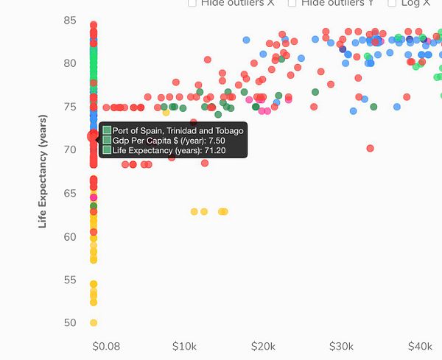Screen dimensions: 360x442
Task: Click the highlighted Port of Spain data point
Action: [x=94, y=136]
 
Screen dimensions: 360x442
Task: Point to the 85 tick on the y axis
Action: [x=70, y=20]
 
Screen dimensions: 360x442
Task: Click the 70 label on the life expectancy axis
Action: [x=70, y=149]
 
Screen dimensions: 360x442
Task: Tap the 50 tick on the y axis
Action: [x=70, y=322]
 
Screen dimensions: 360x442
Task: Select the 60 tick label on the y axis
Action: [x=70, y=236]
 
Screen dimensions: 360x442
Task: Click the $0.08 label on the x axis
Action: [x=105, y=346]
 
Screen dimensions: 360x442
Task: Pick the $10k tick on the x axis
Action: [x=184, y=346]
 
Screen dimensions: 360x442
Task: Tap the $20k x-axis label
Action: [x=263, y=346]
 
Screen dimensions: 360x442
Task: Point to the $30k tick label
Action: [x=341, y=346]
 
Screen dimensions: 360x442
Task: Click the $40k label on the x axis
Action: [x=420, y=346]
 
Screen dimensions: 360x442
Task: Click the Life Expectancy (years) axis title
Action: [x=43, y=171]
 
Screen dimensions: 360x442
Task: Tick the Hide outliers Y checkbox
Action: [x=292, y=4]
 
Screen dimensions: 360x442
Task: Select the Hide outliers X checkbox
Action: [x=192, y=4]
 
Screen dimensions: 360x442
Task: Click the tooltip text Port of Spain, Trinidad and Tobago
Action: [x=178, y=130]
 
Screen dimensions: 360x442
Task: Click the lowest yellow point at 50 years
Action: [x=94, y=322]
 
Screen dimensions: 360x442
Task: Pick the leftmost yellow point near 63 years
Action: [x=194, y=211]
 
